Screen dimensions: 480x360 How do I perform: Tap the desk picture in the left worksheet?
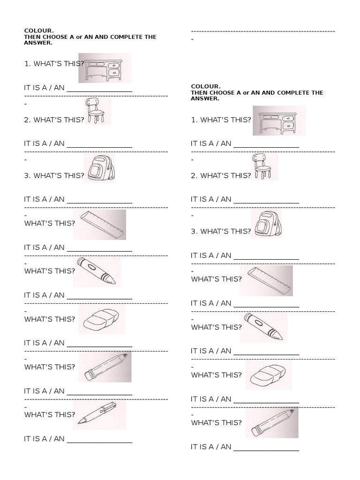click(105, 67)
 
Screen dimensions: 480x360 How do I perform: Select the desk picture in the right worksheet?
click(278, 120)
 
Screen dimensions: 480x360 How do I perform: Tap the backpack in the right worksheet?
click(266, 224)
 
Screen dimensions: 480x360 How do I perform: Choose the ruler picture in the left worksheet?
click(102, 224)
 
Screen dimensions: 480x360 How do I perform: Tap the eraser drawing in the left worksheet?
click(99, 320)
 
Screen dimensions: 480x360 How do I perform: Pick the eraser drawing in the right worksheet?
click(266, 375)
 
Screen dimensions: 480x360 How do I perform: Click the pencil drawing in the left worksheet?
click(105, 366)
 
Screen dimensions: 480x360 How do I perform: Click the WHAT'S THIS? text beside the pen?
click(49, 414)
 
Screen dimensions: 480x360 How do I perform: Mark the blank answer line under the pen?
click(99, 442)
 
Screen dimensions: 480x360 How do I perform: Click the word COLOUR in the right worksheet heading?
click(205, 86)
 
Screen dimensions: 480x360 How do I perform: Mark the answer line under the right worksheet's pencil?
click(266, 450)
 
